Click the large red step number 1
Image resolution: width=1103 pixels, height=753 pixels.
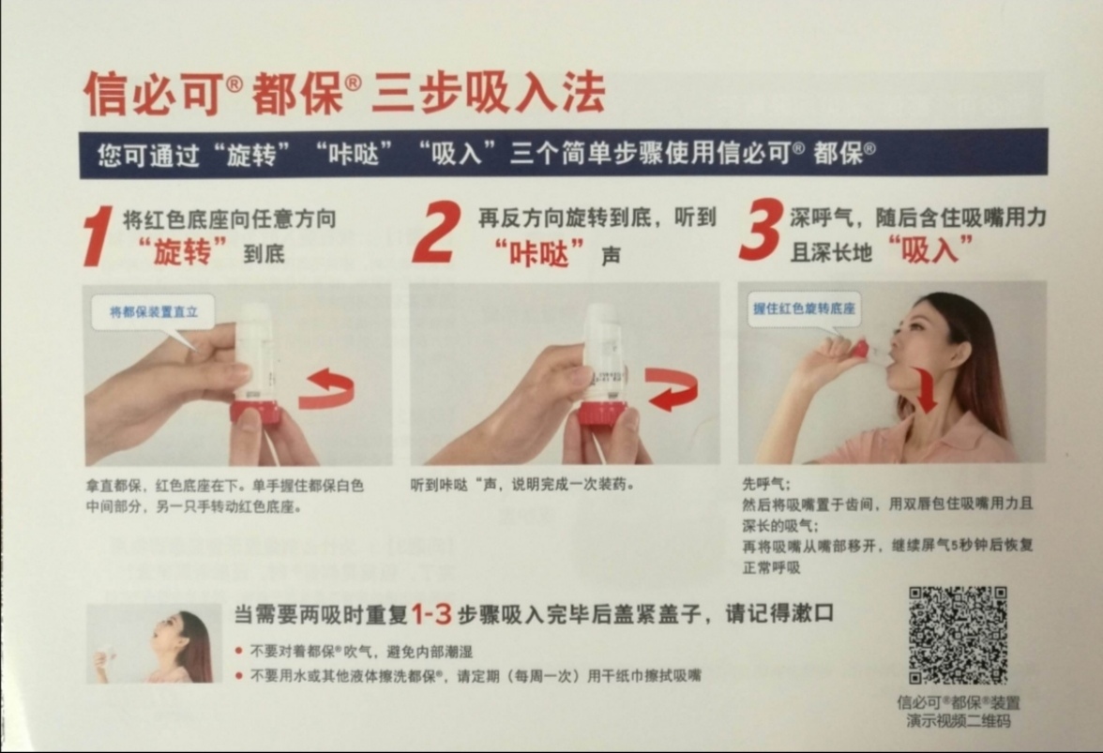click(98, 235)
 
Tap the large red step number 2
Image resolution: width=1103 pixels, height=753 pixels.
click(436, 232)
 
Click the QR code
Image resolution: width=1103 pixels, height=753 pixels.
click(958, 635)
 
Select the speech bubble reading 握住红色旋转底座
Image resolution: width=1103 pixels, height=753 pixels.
click(805, 308)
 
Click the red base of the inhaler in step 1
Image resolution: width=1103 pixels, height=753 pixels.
click(255, 412)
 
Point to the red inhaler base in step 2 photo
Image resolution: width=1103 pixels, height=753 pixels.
click(600, 413)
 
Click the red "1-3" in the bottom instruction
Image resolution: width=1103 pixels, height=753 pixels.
click(432, 614)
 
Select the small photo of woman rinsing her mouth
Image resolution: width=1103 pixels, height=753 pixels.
click(154, 643)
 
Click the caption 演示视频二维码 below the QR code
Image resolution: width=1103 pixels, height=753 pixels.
click(958, 720)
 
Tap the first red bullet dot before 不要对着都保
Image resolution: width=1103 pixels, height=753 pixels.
click(239, 651)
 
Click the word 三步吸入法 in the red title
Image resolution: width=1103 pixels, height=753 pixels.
click(488, 94)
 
